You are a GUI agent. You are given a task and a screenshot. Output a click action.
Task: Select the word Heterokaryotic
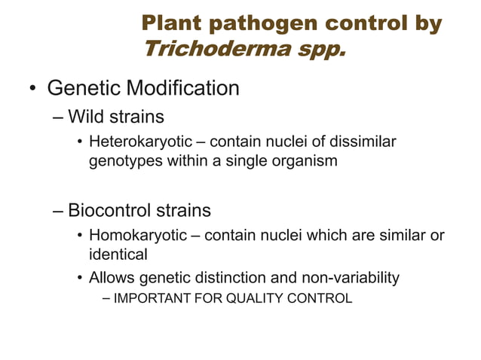146,142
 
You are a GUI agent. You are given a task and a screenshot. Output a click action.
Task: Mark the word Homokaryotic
138,236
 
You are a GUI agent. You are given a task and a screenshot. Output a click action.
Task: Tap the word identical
118,255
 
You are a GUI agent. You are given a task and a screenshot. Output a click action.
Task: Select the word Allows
111,278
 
